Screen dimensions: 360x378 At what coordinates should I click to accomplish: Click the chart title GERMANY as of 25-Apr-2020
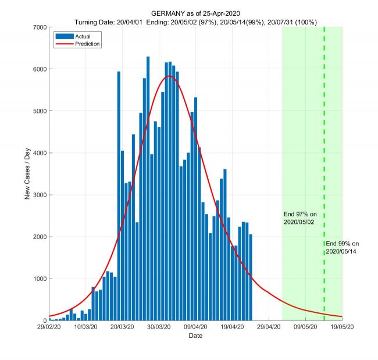[x=195, y=13]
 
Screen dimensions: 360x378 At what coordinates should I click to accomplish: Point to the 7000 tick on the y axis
[x=39, y=27]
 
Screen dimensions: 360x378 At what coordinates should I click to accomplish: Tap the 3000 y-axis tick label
[x=39, y=195]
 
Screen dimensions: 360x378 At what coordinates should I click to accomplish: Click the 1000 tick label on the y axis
[x=39, y=279]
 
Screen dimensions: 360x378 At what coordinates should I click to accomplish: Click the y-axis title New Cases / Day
[x=27, y=174]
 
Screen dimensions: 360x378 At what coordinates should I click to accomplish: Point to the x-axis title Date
[x=195, y=336]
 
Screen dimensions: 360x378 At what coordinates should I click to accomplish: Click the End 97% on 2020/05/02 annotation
[x=299, y=218]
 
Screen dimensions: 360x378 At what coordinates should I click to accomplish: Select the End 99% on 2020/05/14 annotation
[x=343, y=247]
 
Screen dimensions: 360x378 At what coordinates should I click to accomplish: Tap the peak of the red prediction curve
[x=169, y=76]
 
